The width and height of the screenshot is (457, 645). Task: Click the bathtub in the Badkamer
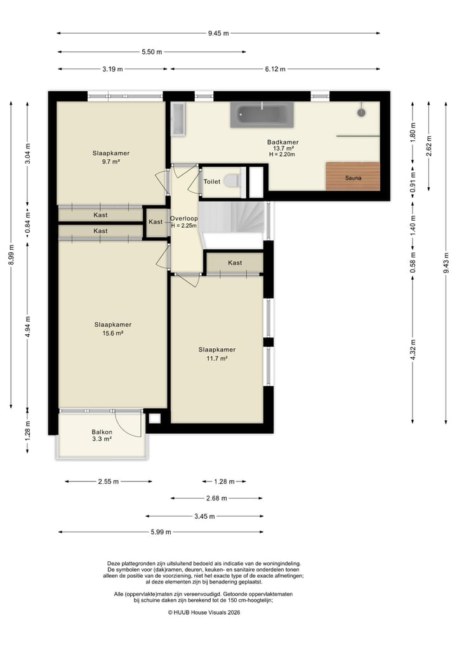(262, 114)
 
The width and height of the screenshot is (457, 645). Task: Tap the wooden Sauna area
(353, 176)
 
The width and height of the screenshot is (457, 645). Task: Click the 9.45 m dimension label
(218, 34)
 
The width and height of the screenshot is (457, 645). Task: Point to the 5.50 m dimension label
(152, 52)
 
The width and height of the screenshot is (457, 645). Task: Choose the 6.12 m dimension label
(275, 69)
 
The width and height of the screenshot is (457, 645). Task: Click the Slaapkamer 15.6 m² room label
(113, 329)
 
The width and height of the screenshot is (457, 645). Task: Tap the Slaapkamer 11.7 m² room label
(217, 354)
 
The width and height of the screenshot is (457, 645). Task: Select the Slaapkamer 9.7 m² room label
(110, 157)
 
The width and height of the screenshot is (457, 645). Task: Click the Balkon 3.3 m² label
(102, 435)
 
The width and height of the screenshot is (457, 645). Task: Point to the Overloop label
(183, 219)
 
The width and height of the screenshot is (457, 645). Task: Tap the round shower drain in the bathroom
(362, 112)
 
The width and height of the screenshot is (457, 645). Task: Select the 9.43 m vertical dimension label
(446, 263)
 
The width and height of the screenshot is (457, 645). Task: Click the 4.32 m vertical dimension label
(413, 349)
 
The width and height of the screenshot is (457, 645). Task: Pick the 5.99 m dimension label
(161, 532)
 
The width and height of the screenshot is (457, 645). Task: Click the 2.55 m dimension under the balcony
(109, 482)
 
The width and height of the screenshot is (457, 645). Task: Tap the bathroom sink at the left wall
(178, 119)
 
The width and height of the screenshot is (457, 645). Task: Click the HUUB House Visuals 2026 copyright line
(204, 612)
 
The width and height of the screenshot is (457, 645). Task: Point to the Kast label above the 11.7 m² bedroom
(235, 263)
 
